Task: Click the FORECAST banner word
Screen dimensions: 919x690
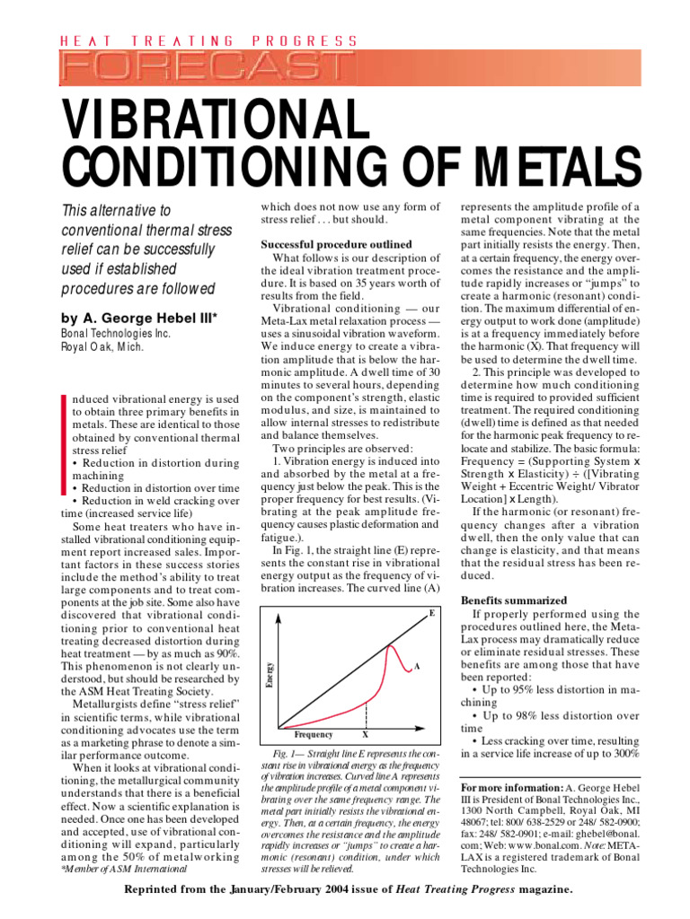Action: point(206,66)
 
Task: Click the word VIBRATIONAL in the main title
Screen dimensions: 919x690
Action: point(211,117)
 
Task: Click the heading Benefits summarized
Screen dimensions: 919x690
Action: point(513,600)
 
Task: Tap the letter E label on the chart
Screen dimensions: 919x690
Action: point(432,612)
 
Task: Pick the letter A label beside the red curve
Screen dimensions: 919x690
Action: point(417,667)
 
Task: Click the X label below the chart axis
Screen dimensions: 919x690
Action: point(365,735)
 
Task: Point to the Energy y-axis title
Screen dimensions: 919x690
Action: point(269,675)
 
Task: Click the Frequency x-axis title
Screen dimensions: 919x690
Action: point(314,735)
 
